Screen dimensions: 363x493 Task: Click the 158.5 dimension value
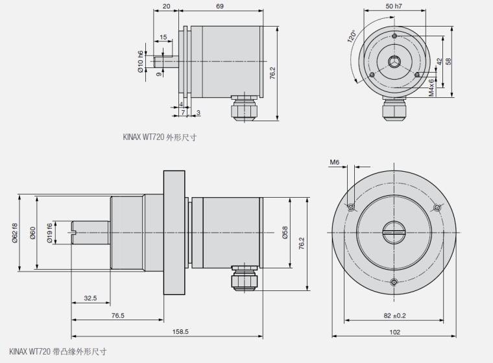click(x=180, y=331)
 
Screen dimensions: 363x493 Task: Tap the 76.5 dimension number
click(x=117, y=315)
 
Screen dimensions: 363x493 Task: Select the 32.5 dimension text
click(x=90, y=298)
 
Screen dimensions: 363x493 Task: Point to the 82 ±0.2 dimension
click(x=394, y=315)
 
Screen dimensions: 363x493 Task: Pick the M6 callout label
click(x=335, y=161)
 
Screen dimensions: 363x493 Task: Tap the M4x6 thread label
click(x=431, y=86)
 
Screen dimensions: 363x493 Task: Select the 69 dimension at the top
click(x=220, y=6)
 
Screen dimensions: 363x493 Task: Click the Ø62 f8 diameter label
click(x=14, y=233)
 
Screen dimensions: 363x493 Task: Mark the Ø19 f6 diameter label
click(x=50, y=233)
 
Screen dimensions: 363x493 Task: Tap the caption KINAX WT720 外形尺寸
click(x=160, y=137)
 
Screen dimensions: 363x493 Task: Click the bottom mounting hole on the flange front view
click(x=394, y=281)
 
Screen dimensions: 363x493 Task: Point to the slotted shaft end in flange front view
click(x=394, y=231)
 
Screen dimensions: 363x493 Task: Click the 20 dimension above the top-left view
click(x=166, y=6)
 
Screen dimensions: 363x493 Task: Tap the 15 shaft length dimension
click(x=163, y=37)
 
